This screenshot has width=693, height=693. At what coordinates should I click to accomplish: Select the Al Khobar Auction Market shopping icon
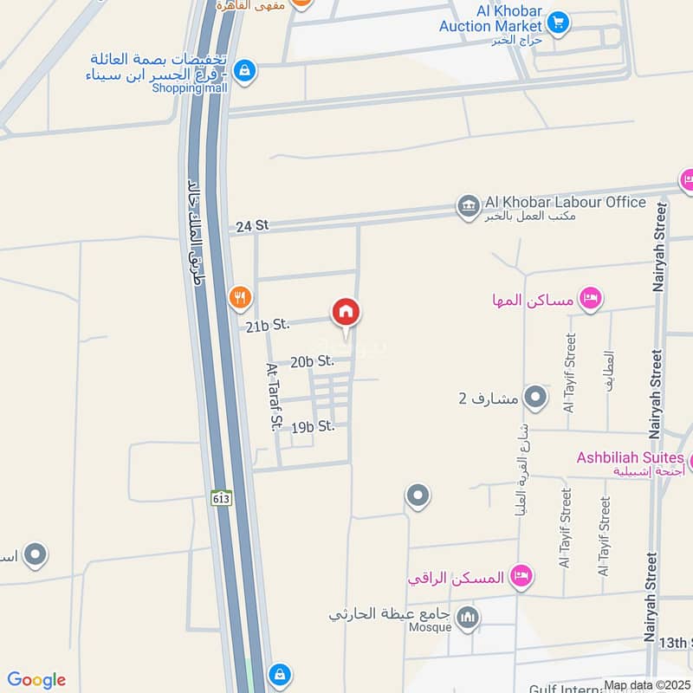(558, 22)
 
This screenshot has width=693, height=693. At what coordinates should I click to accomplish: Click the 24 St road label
(252, 225)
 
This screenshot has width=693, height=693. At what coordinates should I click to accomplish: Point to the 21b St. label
(267, 326)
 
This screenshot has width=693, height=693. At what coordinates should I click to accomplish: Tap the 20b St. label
(312, 361)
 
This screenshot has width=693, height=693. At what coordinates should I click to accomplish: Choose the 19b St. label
(313, 426)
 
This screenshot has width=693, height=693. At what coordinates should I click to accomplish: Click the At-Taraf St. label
(275, 397)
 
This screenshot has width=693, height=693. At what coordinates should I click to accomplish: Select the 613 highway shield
(221, 498)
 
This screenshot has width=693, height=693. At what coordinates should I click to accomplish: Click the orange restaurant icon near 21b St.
(240, 299)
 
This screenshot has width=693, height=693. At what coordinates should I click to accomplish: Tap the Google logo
(36, 680)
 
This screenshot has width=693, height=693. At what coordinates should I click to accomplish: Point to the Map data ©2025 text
(647, 685)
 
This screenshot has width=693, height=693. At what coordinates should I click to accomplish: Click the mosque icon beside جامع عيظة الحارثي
(469, 618)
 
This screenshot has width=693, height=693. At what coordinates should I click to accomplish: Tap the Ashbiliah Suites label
(631, 457)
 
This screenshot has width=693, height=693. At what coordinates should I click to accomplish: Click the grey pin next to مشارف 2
(536, 398)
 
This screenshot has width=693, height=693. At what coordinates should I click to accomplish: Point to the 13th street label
(675, 643)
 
